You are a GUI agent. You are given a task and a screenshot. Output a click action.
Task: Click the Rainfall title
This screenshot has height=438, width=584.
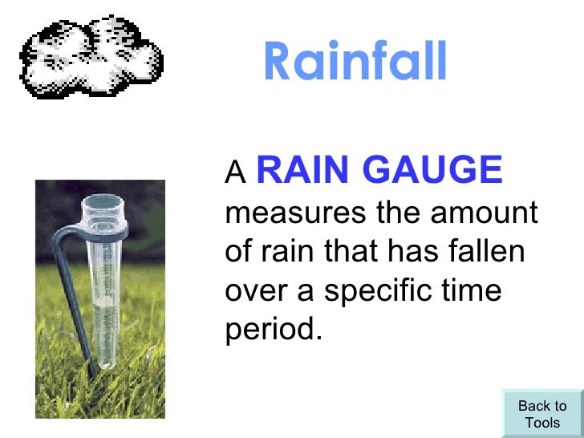(x=354, y=62)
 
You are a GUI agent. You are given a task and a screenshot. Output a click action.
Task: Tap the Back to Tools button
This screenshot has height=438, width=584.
(x=541, y=414)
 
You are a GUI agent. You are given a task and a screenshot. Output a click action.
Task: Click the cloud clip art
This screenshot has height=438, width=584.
(x=91, y=55)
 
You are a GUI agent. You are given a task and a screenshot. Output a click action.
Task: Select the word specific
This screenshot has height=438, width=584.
(x=375, y=290)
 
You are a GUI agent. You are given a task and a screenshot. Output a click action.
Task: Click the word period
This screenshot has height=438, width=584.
(x=273, y=329)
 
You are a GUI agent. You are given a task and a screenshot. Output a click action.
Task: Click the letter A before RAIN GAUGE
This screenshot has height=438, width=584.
(x=234, y=172)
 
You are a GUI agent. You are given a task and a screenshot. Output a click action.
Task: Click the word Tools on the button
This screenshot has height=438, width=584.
(x=542, y=423)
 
